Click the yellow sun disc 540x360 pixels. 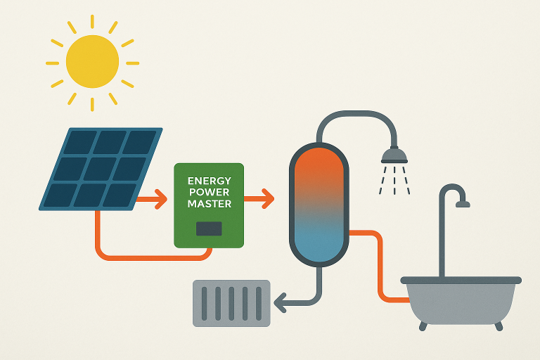point(92,62)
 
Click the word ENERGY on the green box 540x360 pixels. point(209,181)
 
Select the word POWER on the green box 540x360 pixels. point(209,192)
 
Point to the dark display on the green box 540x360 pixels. point(209,229)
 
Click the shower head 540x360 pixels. point(394,154)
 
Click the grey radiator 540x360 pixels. point(232,303)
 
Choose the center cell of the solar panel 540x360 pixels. point(101,169)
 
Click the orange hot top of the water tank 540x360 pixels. point(319,169)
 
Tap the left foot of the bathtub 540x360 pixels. point(422,326)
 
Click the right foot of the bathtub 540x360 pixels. point(499,326)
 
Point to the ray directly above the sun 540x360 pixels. point(92,22)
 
